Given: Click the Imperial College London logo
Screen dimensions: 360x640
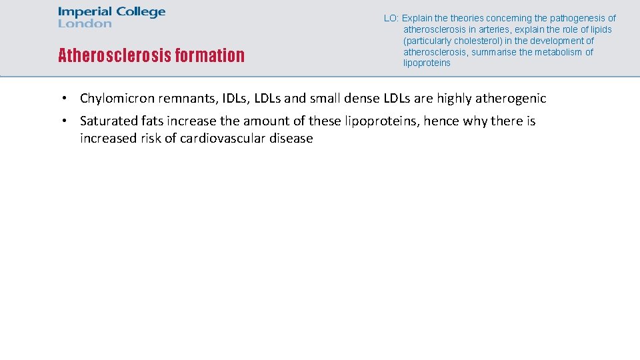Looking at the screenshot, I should coord(111,17).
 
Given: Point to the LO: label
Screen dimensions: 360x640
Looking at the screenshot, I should coord(391,19).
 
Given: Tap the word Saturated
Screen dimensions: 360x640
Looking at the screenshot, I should coord(107,121).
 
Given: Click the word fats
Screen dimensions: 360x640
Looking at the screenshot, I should coord(151,121).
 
